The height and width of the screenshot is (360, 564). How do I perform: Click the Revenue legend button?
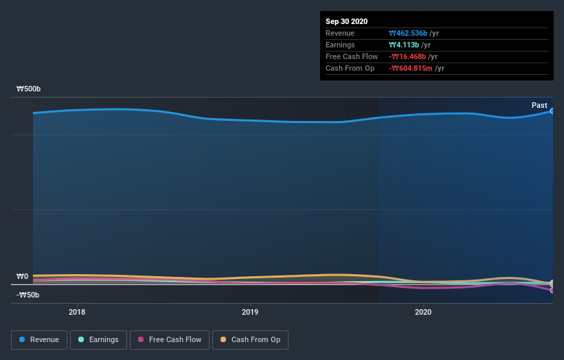[39, 339]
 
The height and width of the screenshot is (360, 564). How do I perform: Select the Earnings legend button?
[98, 339]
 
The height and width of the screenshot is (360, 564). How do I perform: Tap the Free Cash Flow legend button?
[169, 339]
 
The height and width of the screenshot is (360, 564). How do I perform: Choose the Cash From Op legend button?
[250, 339]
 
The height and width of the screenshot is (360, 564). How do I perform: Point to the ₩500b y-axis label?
[29, 89]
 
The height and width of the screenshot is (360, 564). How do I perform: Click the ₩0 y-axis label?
[23, 277]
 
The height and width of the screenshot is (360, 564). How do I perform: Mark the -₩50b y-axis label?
[28, 295]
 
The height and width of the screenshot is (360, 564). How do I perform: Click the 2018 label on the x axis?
[77, 311]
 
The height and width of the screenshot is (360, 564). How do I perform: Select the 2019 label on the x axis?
[250, 311]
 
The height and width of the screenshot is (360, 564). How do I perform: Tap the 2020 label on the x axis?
[423, 311]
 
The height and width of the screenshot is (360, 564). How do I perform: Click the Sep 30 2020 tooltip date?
[348, 21]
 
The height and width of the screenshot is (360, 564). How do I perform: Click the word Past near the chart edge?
[539, 105]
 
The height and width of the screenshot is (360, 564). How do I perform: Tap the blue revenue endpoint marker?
[552, 111]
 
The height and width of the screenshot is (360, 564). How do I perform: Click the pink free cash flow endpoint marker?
[552, 290]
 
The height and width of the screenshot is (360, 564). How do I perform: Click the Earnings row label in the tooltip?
[340, 45]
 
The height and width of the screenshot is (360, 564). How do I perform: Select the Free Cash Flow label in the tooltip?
[352, 56]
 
